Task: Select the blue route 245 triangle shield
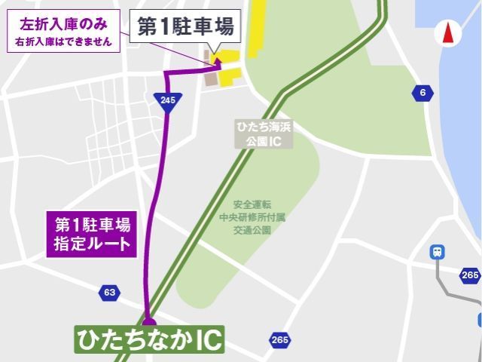tap(168, 103)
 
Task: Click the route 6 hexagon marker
tap(423, 93)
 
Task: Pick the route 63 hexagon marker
tap(110, 292)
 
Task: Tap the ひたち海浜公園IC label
tap(258, 134)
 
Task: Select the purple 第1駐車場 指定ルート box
tap(93, 234)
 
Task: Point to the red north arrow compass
tap(447, 33)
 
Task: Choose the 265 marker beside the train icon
tap(470, 275)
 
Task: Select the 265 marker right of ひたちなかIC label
tap(279, 340)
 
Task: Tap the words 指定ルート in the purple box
tap(93, 244)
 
